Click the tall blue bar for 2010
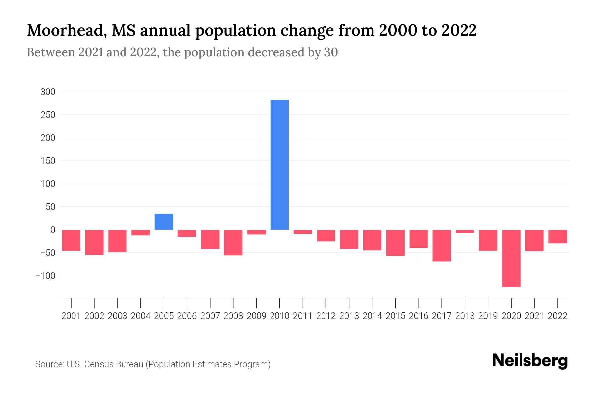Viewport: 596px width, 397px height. [279, 165]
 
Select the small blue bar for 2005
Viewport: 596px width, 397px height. [164, 222]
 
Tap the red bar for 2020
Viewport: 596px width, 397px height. [511, 258]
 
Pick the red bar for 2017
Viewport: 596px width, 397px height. [441, 245]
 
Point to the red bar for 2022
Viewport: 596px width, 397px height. [557, 237]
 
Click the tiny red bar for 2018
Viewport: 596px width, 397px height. [465, 231]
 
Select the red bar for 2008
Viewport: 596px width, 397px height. [233, 243]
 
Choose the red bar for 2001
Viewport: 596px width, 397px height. [71, 240]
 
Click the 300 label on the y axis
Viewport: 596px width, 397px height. [48, 92]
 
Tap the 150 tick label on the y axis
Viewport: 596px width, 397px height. [48, 161]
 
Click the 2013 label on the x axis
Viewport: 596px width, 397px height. [349, 316]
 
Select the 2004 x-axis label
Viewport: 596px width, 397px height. [140, 316]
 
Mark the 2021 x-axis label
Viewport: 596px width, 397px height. [534, 316]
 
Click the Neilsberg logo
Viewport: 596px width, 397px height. [530, 361]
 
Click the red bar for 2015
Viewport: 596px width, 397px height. [395, 243]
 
